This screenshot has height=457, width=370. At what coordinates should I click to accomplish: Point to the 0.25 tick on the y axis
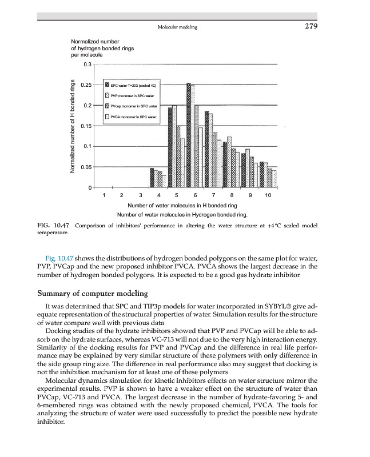pyautogui.click(x=87, y=85)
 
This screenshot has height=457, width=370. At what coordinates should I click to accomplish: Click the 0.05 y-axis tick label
pyautogui.click(x=87, y=167)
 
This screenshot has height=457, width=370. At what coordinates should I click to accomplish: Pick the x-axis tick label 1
pyautogui.click(x=104, y=196)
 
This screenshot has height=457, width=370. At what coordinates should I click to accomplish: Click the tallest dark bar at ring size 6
pyautogui.click(x=189, y=135)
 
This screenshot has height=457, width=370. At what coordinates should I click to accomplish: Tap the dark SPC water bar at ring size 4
pyautogui.click(x=152, y=178)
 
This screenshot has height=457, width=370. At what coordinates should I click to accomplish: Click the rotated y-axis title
pyautogui.click(x=73, y=126)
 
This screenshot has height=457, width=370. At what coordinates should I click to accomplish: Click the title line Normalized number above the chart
pyautogui.click(x=94, y=42)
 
